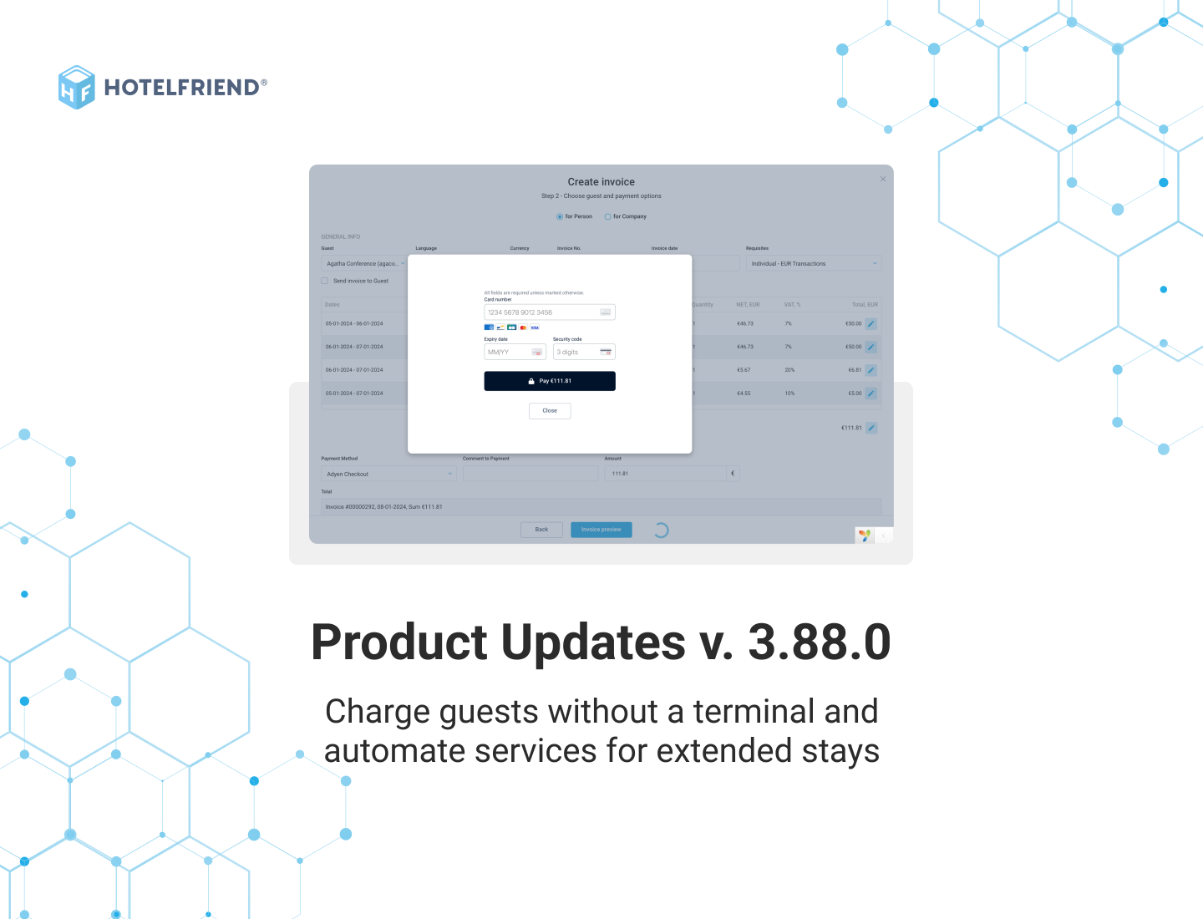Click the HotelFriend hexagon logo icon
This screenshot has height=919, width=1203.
(77, 87)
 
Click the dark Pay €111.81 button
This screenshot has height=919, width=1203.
(550, 381)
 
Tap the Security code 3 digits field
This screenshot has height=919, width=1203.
(576, 353)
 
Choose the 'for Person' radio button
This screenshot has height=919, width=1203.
(560, 216)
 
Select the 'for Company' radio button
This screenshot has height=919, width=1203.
(608, 216)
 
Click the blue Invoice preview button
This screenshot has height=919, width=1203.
(601, 530)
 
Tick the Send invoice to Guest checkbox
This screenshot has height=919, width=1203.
(325, 281)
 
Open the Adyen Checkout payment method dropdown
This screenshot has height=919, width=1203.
(388, 474)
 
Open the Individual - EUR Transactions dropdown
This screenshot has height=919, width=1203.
(813, 263)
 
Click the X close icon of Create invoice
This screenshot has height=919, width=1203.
(883, 179)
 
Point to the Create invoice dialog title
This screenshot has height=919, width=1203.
(601, 181)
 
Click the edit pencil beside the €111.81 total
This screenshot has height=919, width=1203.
(871, 428)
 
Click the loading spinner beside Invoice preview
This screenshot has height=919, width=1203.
(661, 530)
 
